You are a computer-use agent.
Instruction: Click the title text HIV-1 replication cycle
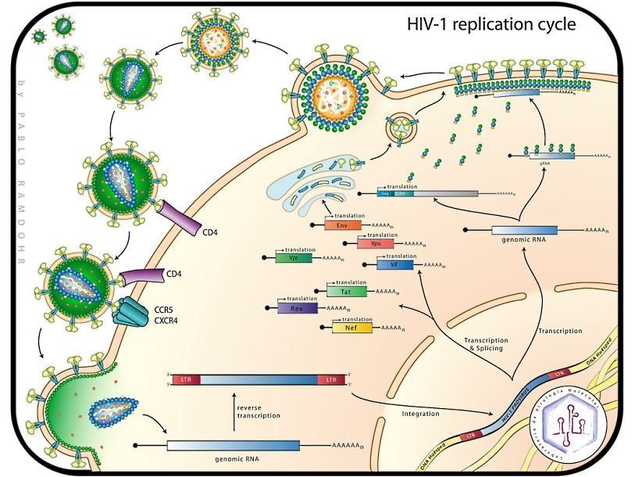coord(491,25)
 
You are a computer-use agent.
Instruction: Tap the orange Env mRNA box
coord(342,225)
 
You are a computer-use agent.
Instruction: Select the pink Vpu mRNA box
coord(375,243)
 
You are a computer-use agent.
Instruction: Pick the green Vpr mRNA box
coord(292,257)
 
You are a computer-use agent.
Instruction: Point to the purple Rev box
coord(296,308)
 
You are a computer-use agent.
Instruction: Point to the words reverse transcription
coord(258,411)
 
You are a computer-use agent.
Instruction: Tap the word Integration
coord(420,414)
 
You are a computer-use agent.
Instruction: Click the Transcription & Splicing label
coord(486,344)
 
